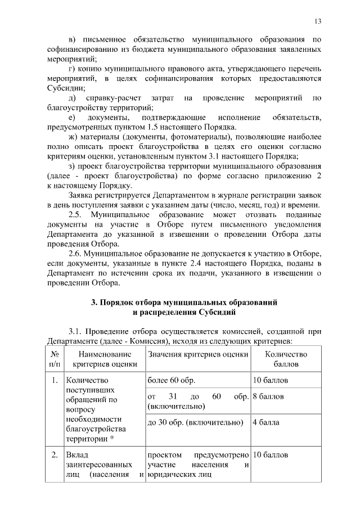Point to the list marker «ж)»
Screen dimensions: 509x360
[71, 137]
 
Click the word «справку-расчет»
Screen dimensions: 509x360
[109, 98]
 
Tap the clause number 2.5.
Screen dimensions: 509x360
[75, 214]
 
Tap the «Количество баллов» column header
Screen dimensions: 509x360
[285, 359]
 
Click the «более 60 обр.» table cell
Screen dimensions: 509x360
[168, 380]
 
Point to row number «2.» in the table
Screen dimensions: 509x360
[55, 454]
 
